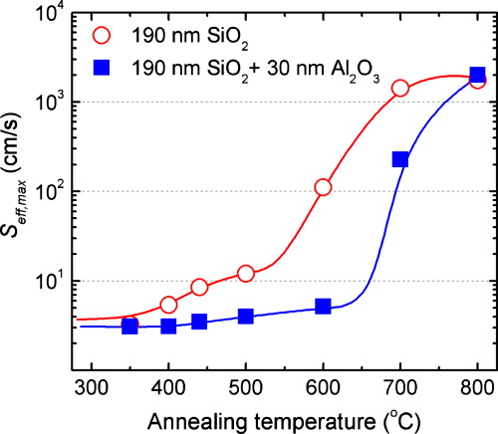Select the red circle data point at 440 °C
(x=199, y=287)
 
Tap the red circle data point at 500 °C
(x=246, y=273)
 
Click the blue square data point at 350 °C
(x=129, y=326)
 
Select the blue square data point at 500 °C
(x=246, y=317)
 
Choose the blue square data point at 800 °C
(x=477, y=75)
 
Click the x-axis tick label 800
(x=477, y=384)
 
